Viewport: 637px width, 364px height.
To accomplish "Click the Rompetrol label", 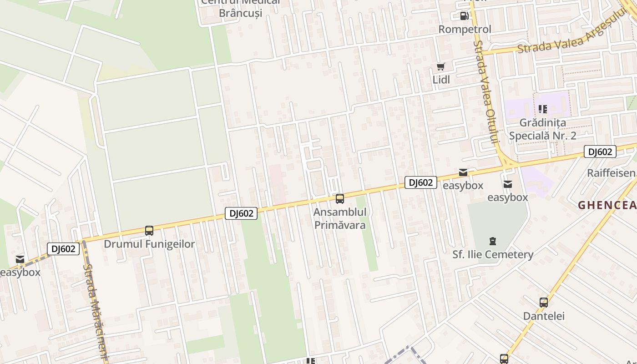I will (x=465, y=30).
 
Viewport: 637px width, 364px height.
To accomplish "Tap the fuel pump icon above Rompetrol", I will (x=464, y=16).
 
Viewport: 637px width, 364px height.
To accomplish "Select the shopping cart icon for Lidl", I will (x=440, y=67).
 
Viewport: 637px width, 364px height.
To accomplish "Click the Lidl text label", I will (x=441, y=80).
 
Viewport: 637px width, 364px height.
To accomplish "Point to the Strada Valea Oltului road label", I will (x=486, y=91).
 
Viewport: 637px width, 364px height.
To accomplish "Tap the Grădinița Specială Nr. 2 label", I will (x=543, y=129).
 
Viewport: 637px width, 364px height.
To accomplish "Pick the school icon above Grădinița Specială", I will (x=542, y=109).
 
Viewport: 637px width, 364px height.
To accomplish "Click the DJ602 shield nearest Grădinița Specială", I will (x=600, y=152).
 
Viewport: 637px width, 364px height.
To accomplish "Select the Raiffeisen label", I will (x=611, y=173).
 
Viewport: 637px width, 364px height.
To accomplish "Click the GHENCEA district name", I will (x=607, y=205).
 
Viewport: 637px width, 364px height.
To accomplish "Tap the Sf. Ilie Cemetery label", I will (x=492, y=254).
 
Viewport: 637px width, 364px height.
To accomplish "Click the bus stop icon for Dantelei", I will (x=543, y=303).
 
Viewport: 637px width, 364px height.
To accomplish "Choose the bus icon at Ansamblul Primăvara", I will (x=339, y=199).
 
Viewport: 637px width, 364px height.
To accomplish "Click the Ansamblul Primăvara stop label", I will (x=339, y=219).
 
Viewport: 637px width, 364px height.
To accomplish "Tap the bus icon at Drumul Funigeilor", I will (x=149, y=231).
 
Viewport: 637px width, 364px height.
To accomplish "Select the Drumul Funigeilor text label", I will (x=149, y=244).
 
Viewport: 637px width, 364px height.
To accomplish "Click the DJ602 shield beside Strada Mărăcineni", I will (x=63, y=249).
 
